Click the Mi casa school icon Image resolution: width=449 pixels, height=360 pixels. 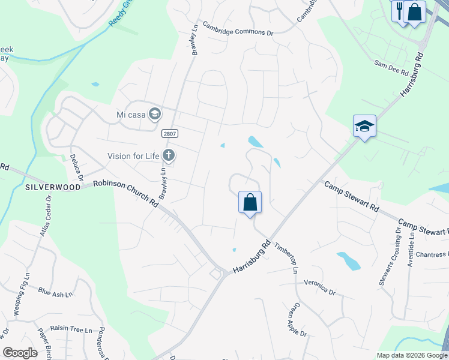(155, 114)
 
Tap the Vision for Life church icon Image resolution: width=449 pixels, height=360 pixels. (169, 156)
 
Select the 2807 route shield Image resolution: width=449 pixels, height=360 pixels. (169, 133)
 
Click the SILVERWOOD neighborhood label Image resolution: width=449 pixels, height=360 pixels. (53, 187)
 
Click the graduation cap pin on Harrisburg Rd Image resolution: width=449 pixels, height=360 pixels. (364, 126)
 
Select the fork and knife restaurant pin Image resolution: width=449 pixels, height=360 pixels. (400, 10)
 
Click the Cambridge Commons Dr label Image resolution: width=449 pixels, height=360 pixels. (238, 29)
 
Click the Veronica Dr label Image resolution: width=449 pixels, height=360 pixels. (319, 286)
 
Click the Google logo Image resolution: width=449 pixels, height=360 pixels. (20, 353)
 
